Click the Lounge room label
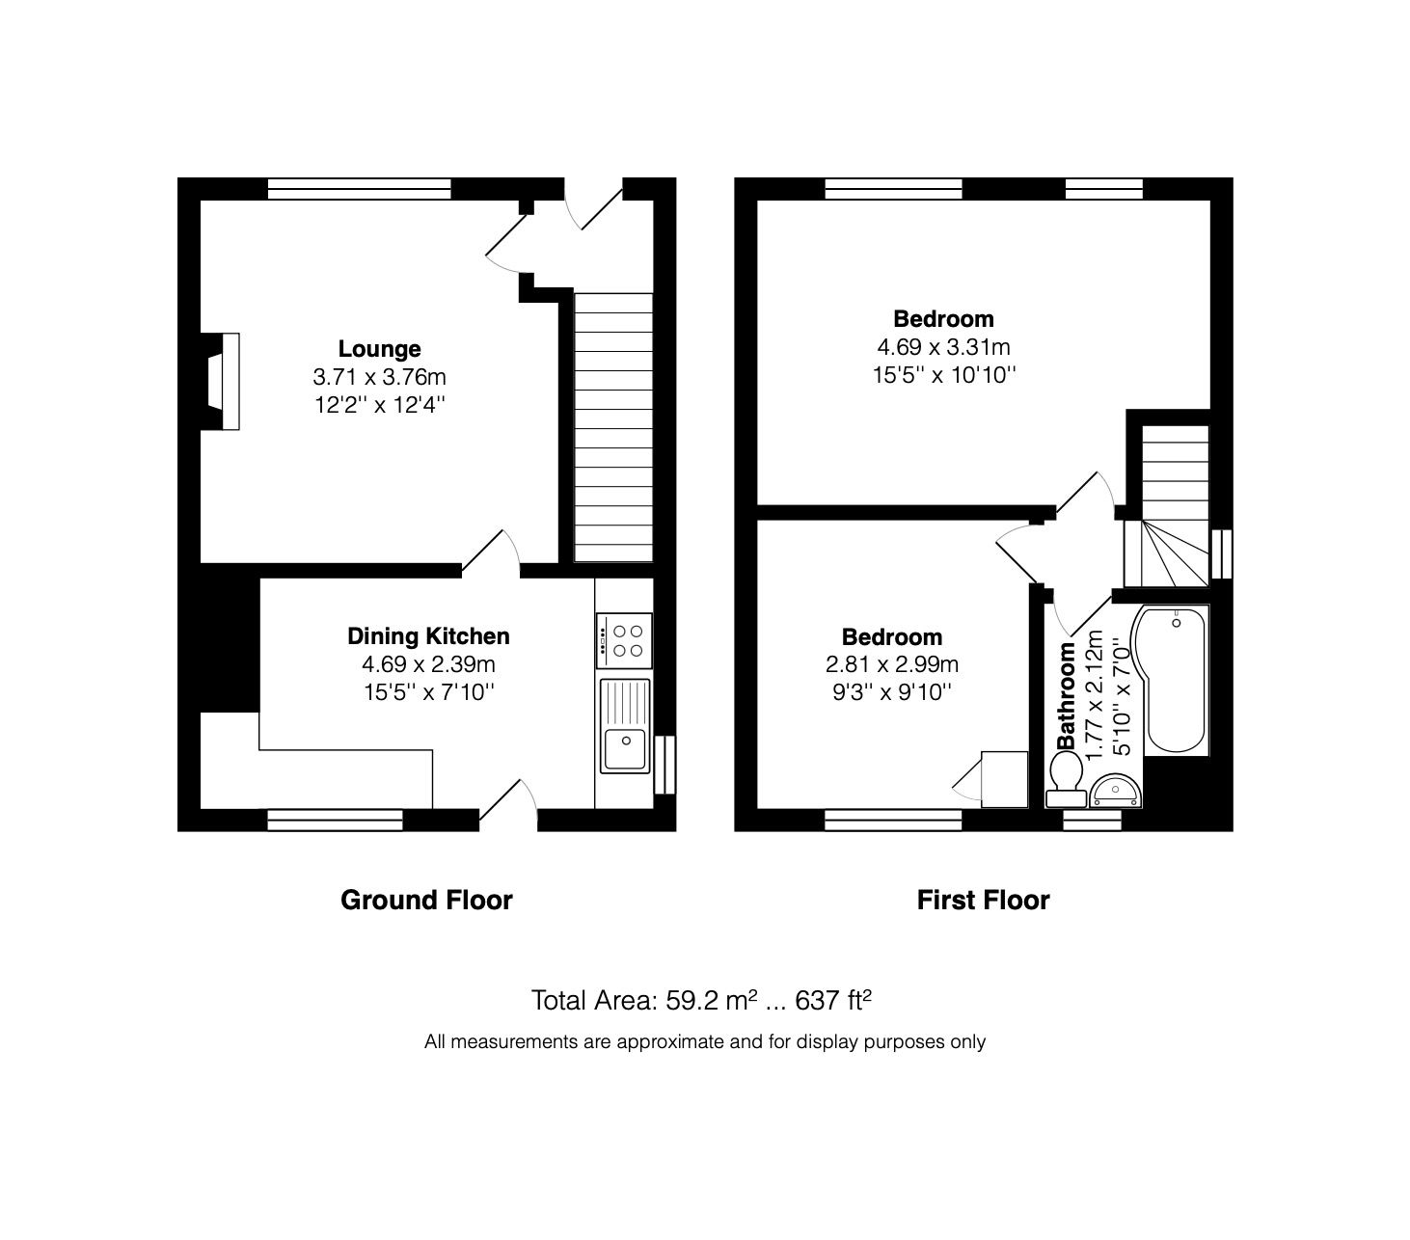[379, 348]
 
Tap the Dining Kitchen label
[428, 636]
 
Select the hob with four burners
[625, 640]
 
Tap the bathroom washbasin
[1116, 792]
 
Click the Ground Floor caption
[426, 901]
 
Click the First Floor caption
[983, 901]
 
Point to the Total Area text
[701, 1001]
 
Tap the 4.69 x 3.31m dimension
[943, 347]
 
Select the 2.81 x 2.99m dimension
[891, 664]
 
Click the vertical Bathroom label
[1067, 695]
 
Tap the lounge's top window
[359, 188]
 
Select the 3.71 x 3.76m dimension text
[379, 376]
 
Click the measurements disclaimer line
[704, 1041]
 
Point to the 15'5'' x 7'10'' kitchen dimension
[428, 691]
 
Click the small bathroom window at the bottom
[1092, 820]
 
